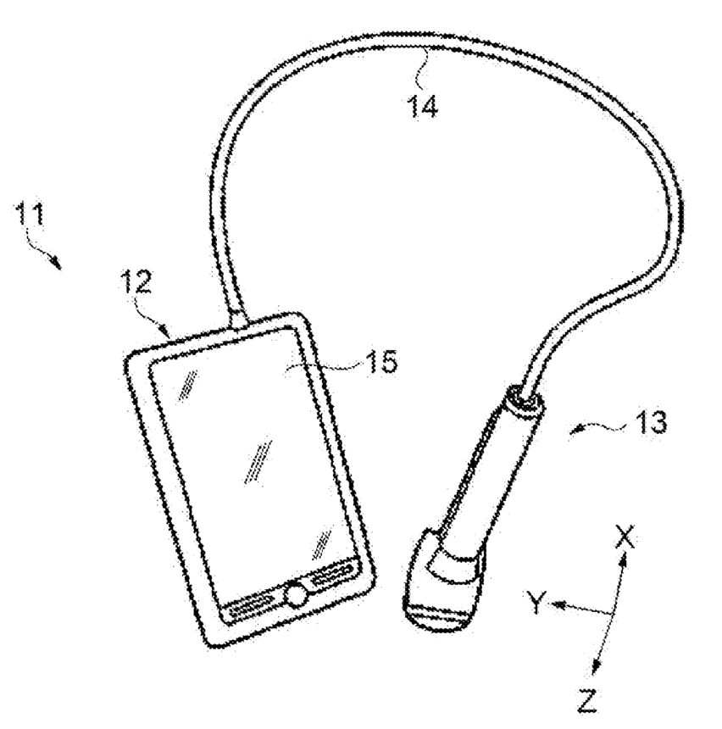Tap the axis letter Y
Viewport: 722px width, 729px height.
pyautogui.click(x=535, y=602)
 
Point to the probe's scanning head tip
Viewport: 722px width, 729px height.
pyautogui.click(x=440, y=614)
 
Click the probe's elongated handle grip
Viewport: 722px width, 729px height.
pyautogui.click(x=487, y=475)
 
